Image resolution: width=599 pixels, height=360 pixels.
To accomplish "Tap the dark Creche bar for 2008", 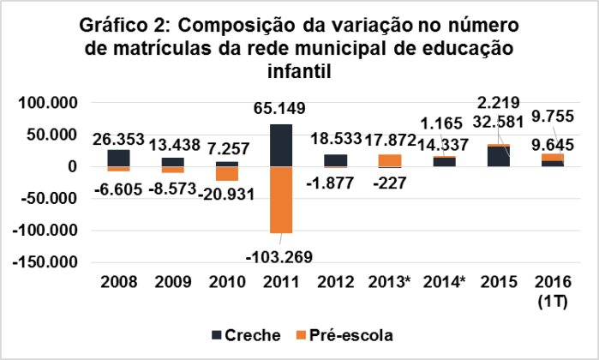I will (x=119, y=158).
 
